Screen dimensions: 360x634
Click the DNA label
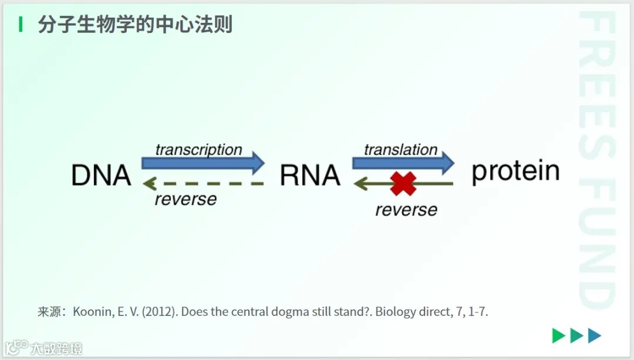click(x=101, y=175)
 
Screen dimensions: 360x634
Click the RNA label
click(x=310, y=175)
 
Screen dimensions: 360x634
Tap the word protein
click(x=515, y=171)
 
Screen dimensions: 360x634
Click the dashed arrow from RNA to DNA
click(x=203, y=184)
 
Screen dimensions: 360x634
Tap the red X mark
click(x=403, y=184)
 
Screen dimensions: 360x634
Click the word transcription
click(x=198, y=150)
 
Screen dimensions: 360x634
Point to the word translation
click(x=400, y=150)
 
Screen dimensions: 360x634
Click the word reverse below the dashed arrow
click(x=186, y=200)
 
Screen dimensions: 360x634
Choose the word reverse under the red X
click(x=406, y=210)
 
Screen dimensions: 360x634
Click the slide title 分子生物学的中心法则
click(x=135, y=25)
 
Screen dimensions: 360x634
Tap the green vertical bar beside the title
click(x=21, y=25)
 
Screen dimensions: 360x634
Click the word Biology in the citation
click(x=395, y=312)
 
